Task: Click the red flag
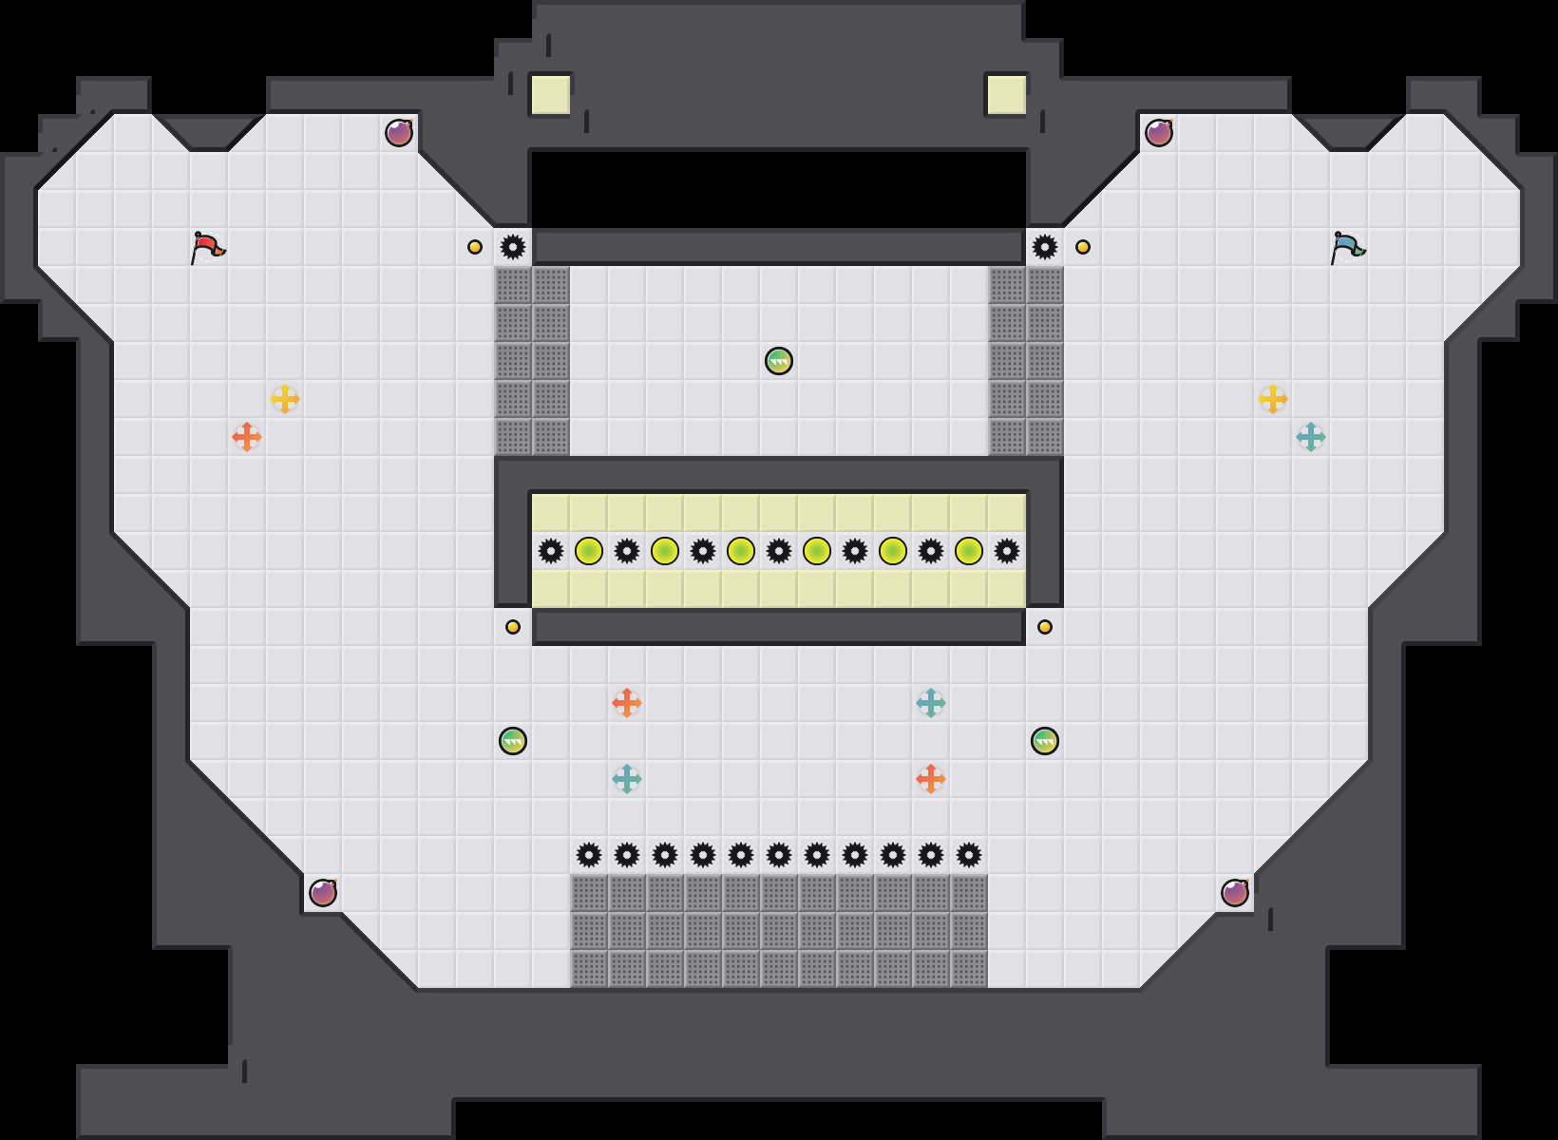(207, 247)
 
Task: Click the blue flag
(1347, 247)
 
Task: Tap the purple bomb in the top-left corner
(399, 133)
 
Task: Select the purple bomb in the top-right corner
(1159, 133)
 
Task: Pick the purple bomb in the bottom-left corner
(323, 893)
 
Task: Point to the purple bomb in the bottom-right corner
(1235, 893)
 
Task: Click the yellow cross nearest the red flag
(285, 399)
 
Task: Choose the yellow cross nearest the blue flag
(1273, 399)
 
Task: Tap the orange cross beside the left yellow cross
(247, 437)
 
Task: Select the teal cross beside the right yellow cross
(1311, 437)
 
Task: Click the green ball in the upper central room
(779, 361)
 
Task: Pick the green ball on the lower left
(513, 741)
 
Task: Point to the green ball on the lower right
(1045, 741)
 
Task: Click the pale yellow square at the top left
(551, 95)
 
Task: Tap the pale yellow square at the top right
(1007, 95)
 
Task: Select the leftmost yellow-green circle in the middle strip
(589, 551)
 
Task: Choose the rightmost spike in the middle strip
(1007, 551)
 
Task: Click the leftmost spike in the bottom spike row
(589, 855)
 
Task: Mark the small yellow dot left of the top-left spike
(475, 247)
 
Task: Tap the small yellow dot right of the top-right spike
(1083, 247)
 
